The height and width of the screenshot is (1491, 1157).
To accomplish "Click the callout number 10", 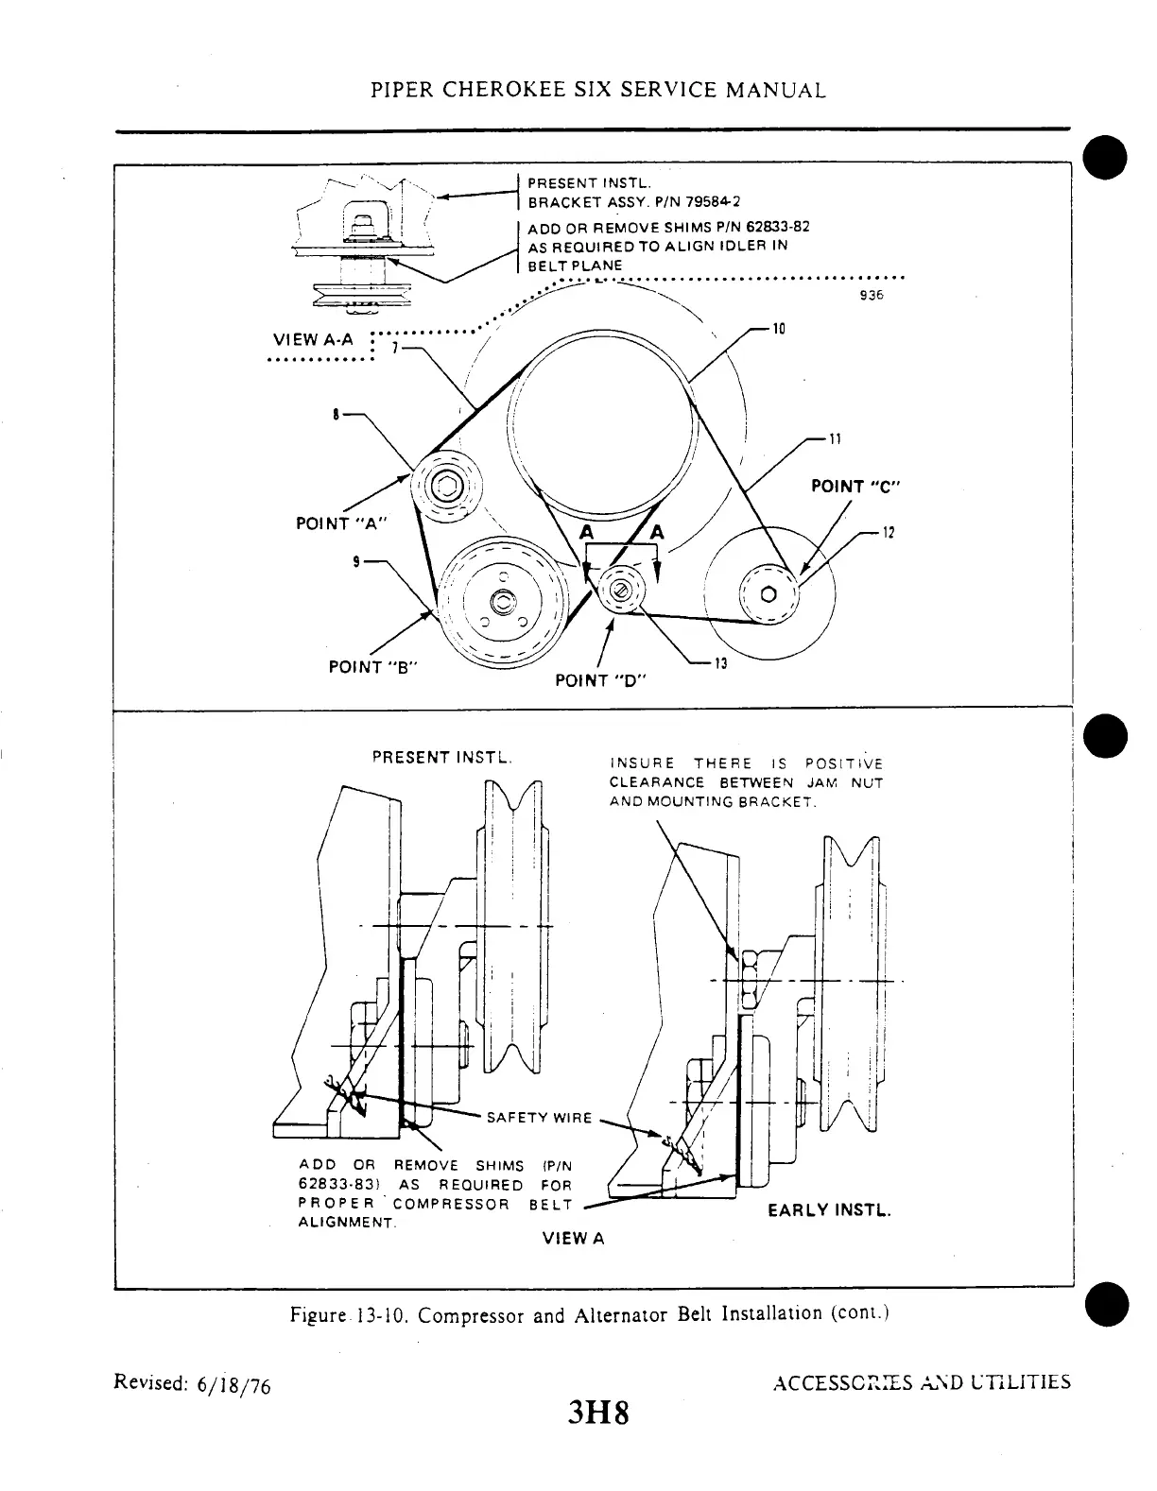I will point(779,329).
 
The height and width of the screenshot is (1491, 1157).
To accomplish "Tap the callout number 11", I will point(835,438).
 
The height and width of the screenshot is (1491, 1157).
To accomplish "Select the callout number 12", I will point(888,531).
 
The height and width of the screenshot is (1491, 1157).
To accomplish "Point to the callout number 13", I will point(720,663).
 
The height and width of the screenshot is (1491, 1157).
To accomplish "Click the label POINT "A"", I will point(341,523).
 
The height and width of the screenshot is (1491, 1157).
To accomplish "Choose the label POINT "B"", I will point(373,666).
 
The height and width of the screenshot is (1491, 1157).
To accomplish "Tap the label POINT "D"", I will point(599,680).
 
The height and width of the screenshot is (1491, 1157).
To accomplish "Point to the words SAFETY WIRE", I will point(539,1118).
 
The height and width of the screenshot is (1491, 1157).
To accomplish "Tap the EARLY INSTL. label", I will point(829,1210).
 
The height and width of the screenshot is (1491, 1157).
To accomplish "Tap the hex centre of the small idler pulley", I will point(620,591).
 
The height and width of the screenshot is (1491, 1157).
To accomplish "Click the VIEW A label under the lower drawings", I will point(573,1238).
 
